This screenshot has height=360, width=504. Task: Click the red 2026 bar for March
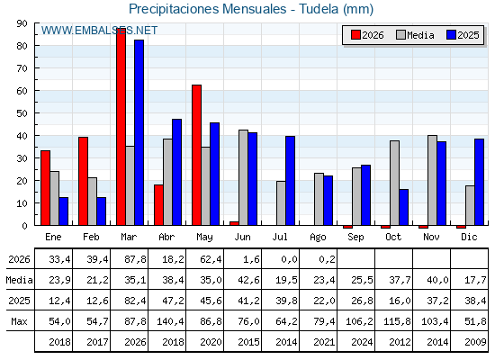(x=121, y=127)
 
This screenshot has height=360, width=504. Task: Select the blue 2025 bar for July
(x=290, y=181)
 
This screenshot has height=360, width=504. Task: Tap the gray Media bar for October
(x=395, y=183)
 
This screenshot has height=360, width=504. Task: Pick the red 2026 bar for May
(x=197, y=155)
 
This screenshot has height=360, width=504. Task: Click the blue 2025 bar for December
(x=479, y=182)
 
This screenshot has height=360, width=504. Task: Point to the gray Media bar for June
(x=243, y=177)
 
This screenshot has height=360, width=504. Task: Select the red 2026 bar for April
(x=158, y=205)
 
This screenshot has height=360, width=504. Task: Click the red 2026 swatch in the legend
(x=355, y=35)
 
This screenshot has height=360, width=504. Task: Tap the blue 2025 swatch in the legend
(x=451, y=35)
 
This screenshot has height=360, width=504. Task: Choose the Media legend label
(x=420, y=35)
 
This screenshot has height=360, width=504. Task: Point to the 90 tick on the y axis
(x=22, y=23)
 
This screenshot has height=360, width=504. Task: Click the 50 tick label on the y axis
(x=22, y=113)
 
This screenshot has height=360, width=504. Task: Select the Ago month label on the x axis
(x=318, y=238)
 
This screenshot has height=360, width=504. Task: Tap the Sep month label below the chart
(x=355, y=238)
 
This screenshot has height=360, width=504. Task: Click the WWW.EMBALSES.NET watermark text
(x=99, y=31)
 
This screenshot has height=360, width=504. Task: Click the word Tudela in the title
(x=319, y=9)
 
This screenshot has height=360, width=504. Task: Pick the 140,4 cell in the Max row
(x=170, y=321)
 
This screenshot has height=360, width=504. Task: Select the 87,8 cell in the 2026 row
(x=135, y=259)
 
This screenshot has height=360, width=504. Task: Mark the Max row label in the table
(x=19, y=321)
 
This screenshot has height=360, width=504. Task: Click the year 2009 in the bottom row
(x=475, y=342)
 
